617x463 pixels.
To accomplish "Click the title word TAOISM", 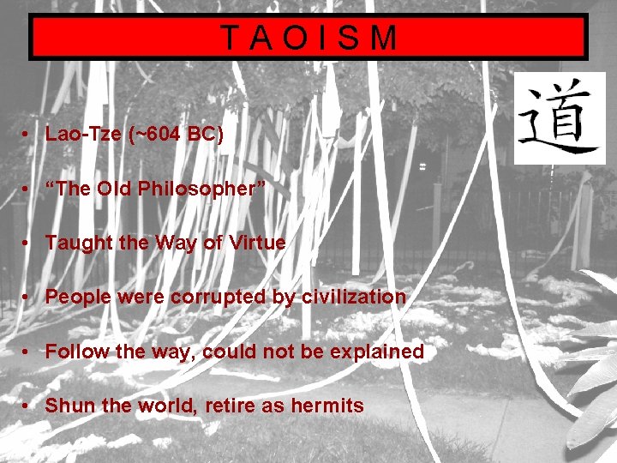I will click(308, 38).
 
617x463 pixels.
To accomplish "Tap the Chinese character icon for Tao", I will click(560, 118).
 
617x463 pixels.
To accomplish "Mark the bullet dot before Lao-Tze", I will click(28, 134).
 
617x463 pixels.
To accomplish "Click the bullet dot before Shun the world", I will click(28, 406).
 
